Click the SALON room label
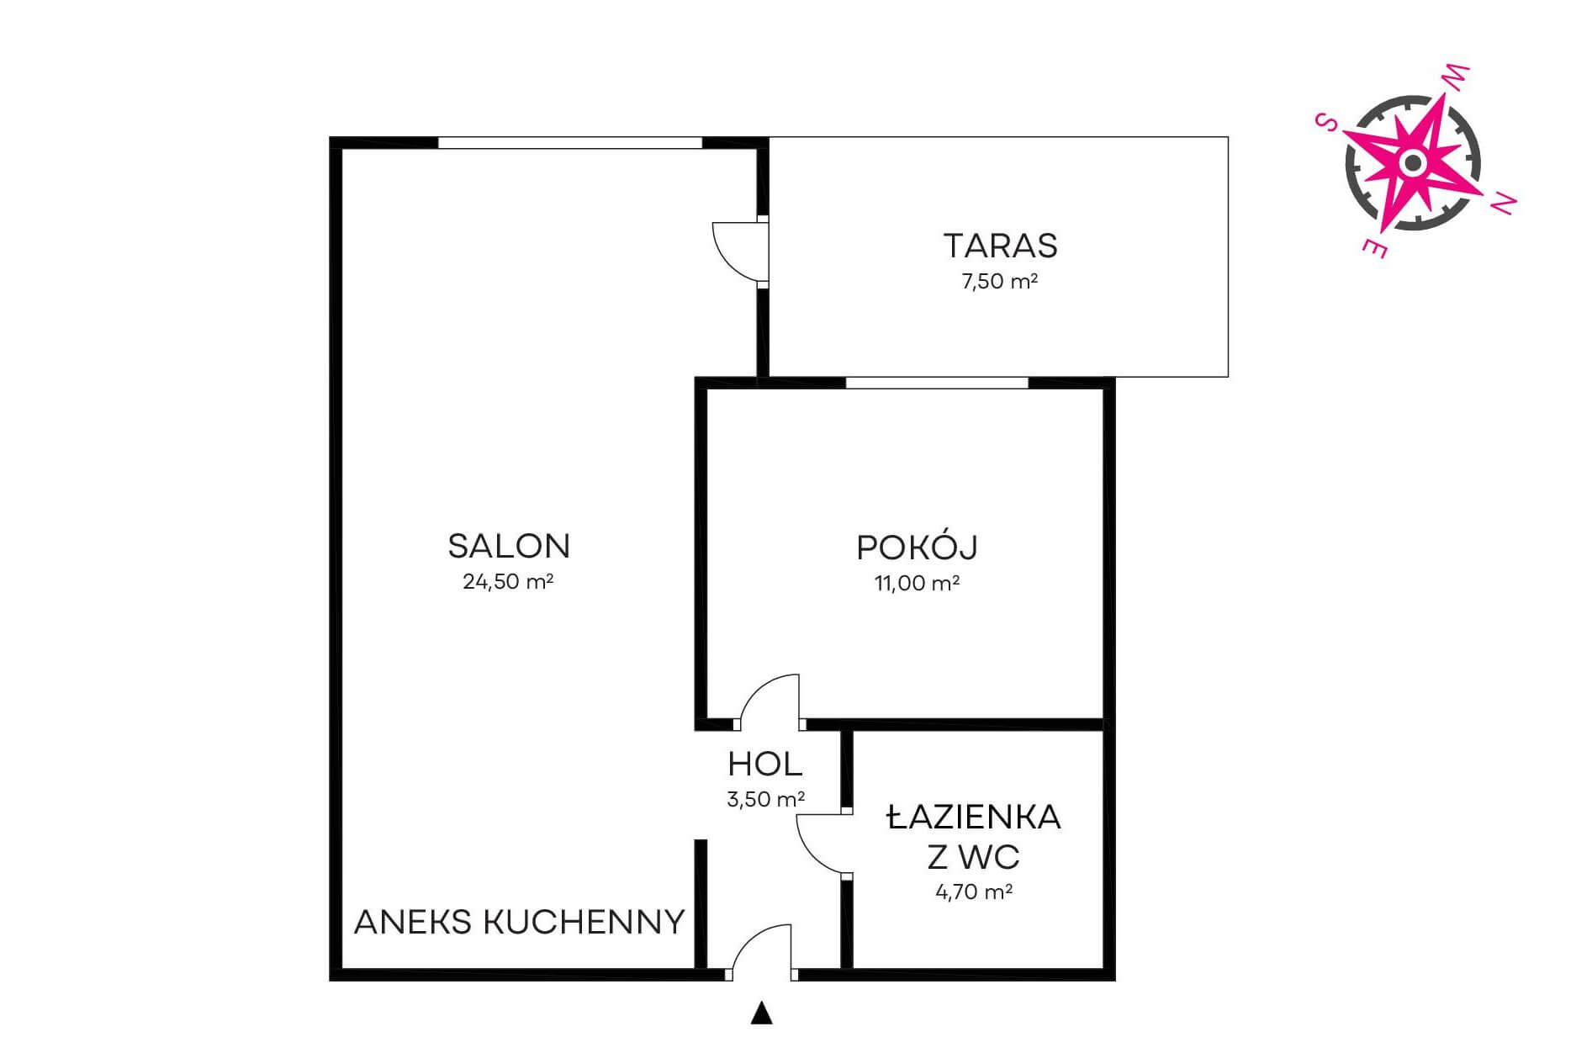(509, 547)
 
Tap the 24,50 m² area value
(508, 582)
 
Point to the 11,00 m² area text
(918, 583)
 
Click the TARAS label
(1000, 246)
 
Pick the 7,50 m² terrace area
(999, 281)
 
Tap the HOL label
(765, 765)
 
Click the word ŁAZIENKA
(974, 818)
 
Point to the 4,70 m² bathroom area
(974, 892)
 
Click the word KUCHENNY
(584, 923)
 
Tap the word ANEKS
(414, 923)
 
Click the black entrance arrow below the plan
(762, 1013)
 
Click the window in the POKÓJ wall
(937, 383)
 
